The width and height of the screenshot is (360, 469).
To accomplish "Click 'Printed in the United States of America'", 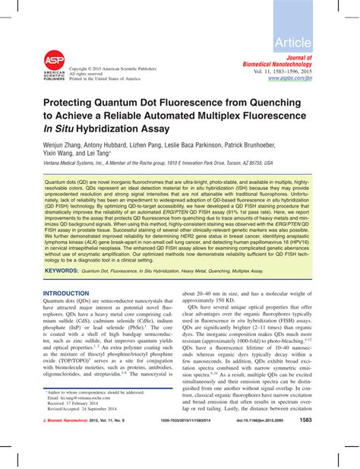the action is (x=105, y=78).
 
